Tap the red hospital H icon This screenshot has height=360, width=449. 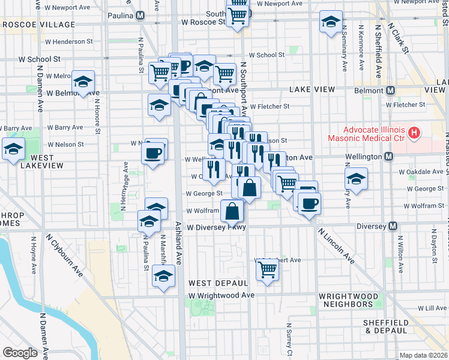point(413,131)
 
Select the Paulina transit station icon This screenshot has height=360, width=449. point(140,15)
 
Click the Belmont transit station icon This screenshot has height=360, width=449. point(390,90)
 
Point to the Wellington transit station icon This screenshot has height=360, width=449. point(388,157)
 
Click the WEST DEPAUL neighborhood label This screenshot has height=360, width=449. point(218,283)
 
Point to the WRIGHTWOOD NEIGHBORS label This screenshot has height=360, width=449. point(349,301)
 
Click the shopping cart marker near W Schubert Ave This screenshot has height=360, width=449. point(267,269)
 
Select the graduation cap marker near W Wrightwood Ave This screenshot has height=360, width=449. point(162,277)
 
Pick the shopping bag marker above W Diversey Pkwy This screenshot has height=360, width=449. point(232,211)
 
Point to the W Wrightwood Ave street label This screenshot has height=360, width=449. point(221,295)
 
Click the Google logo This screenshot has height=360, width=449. point(20,352)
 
